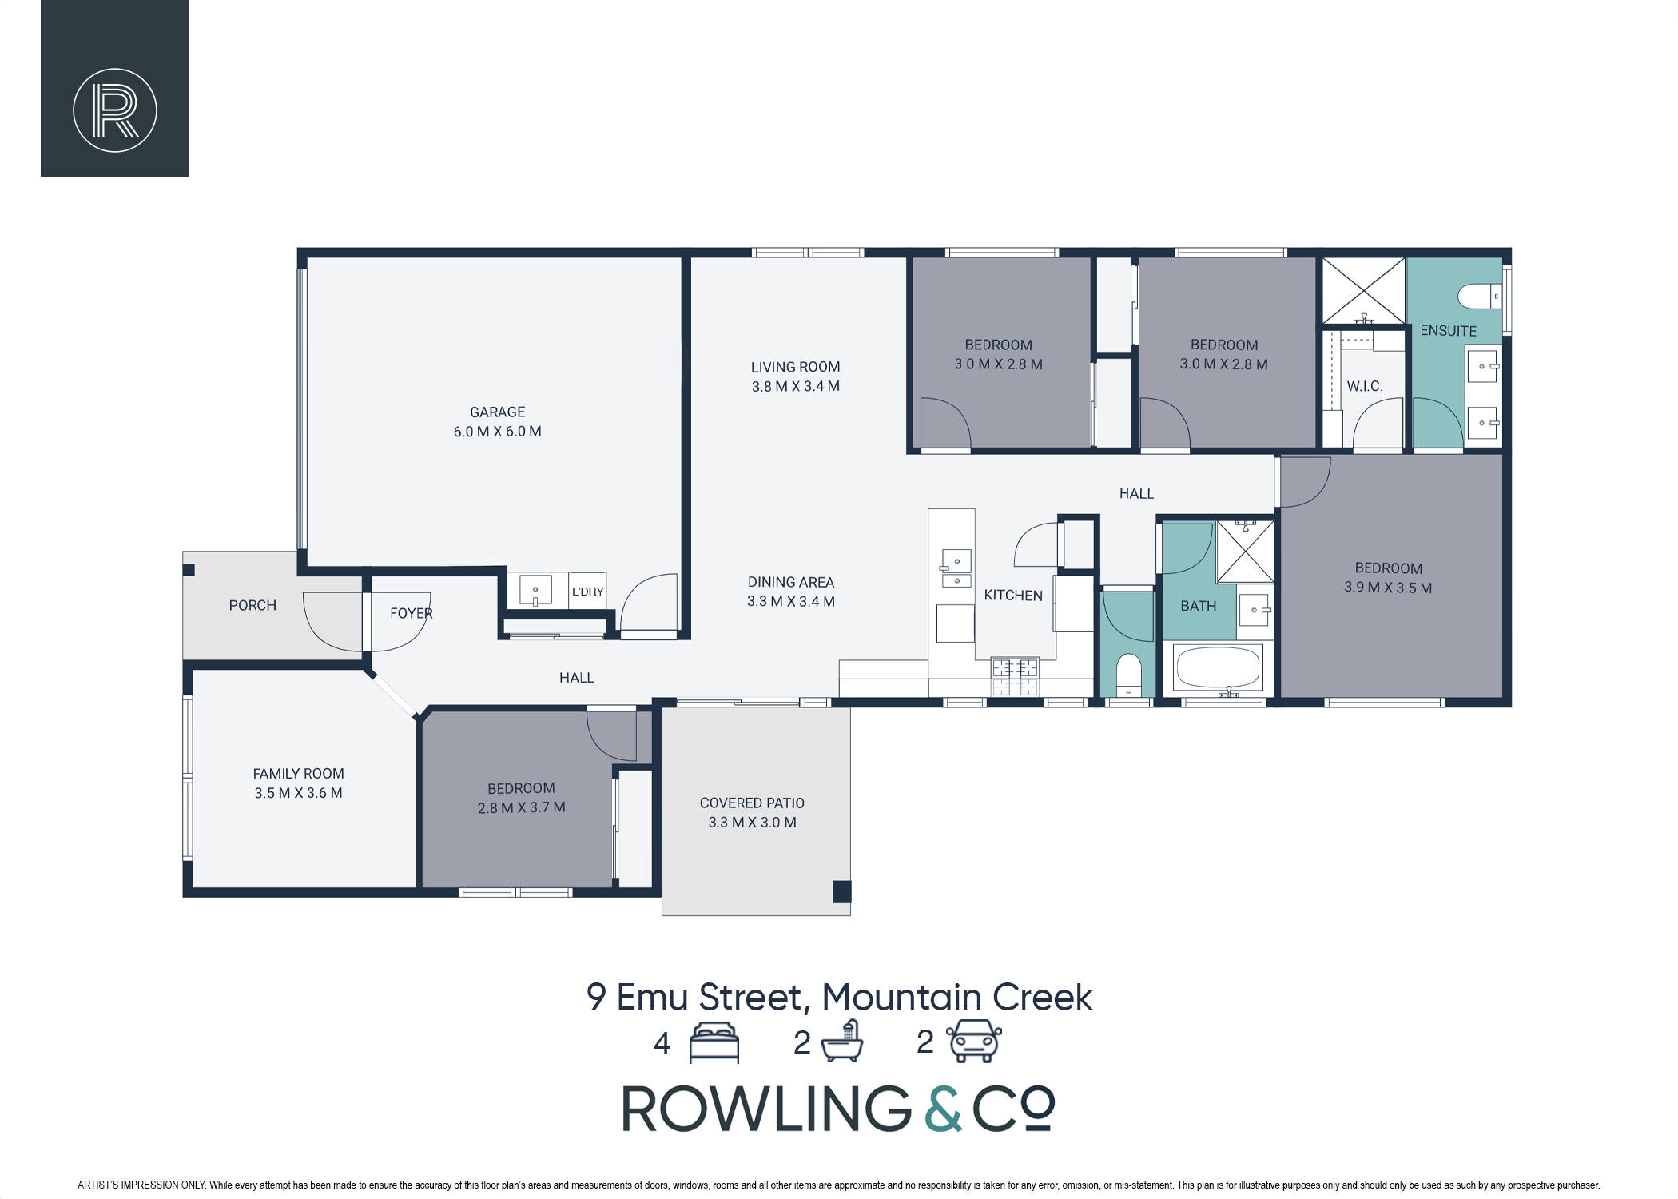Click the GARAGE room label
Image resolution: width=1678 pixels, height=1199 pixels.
pos(497,412)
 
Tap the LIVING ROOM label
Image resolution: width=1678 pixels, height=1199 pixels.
pos(795,367)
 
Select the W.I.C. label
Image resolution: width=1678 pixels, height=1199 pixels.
pos(1365,386)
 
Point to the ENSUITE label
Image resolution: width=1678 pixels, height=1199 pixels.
pos(1448,330)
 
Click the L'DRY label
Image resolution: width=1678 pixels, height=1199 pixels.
pos(587,592)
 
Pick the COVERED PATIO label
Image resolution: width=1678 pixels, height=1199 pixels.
pos(752,803)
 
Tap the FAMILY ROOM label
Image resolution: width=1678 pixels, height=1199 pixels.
pos(298,774)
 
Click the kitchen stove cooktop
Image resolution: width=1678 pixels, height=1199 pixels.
pos(1016,676)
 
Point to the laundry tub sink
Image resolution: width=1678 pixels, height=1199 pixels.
pos(535,591)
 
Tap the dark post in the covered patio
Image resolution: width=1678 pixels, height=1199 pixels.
pos(841,891)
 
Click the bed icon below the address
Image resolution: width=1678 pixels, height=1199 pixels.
pos(714,1042)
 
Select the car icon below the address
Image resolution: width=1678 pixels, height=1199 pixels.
pos(974,1041)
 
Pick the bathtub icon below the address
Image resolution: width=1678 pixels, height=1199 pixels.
pos(843,1041)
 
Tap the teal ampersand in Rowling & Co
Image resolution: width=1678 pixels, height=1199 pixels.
pos(944,1108)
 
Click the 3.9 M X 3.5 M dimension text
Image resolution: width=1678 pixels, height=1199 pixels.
pos(1388,588)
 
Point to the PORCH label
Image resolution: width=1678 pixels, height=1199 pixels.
pos(252,605)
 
